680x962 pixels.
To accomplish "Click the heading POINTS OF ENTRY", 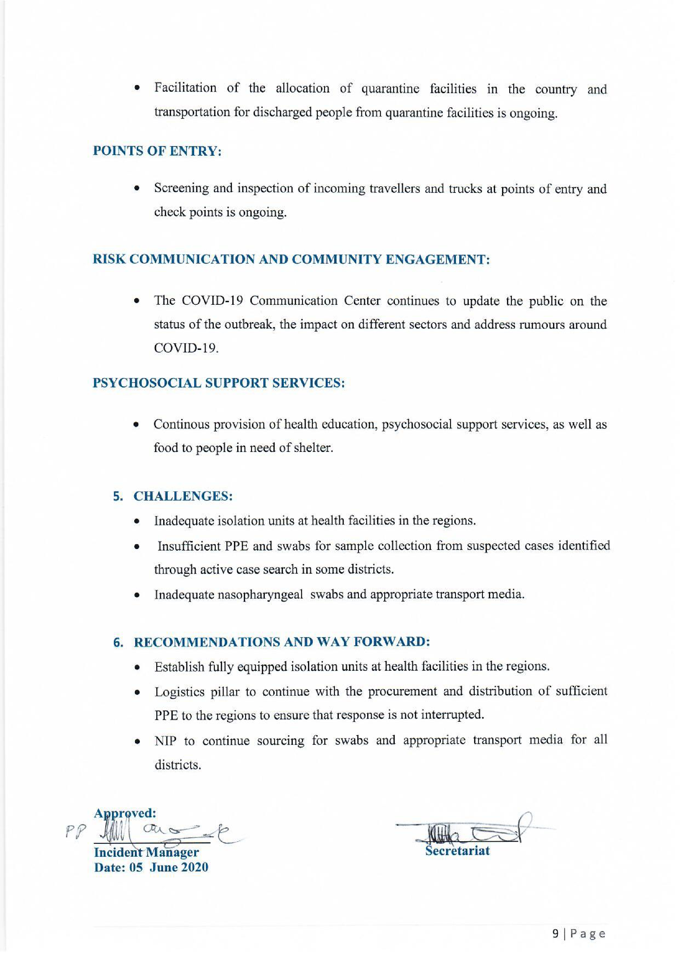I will pyautogui.click(x=157, y=151).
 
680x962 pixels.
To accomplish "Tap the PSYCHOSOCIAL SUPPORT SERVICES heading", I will pyautogui.click(x=218, y=383).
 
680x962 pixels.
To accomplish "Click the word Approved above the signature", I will pyautogui.click(x=125, y=813).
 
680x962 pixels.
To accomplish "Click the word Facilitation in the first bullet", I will pyautogui.click(x=185, y=88).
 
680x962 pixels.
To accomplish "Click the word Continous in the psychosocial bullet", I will pyautogui.click(x=181, y=425).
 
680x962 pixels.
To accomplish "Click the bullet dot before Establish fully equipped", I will pyautogui.click(x=137, y=667).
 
